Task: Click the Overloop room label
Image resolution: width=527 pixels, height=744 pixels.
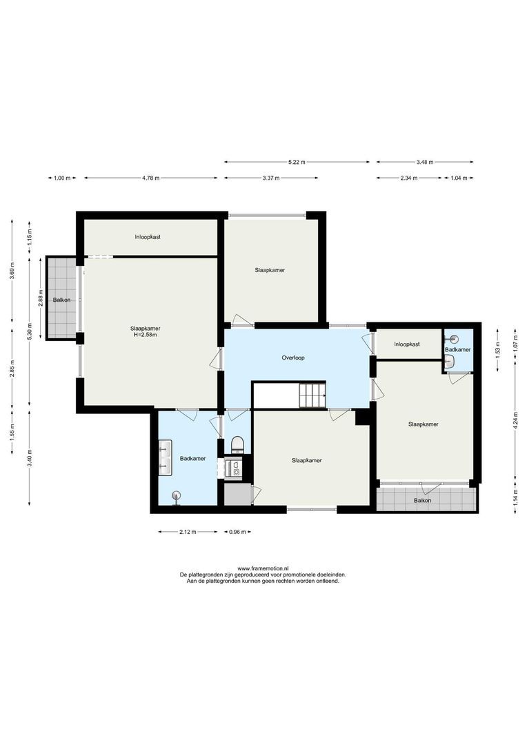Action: click(x=293, y=358)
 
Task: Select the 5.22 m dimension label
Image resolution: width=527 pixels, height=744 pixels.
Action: click(x=297, y=162)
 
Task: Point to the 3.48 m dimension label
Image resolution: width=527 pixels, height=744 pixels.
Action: click(x=425, y=162)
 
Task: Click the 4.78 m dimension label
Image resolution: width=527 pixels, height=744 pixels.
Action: click(x=150, y=178)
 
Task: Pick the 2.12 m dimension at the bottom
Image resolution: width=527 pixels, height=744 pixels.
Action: click(x=187, y=532)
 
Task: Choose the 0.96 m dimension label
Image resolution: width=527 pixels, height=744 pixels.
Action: click(x=237, y=532)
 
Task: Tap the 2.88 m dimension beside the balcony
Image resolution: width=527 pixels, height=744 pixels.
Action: click(x=41, y=300)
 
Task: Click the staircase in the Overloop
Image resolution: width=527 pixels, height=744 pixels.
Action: click(x=311, y=396)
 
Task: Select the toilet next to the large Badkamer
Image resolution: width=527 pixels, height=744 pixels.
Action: click(x=237, y=443)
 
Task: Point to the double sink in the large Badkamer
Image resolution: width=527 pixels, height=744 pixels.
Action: click(x=164, y=458)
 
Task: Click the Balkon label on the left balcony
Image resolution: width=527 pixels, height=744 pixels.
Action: click(x=63, y=300)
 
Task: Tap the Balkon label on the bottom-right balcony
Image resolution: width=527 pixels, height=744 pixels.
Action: click(x=423, y=501)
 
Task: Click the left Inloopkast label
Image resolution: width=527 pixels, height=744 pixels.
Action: click(x=148, y=237)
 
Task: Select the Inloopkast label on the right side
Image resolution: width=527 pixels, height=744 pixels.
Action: click(x=407, y=344)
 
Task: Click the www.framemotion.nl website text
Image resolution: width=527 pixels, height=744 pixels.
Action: click(x=263, y=568)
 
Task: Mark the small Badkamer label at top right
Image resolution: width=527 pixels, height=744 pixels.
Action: click(x=457, y=351)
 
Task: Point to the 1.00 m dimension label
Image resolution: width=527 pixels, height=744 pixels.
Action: click(x=62, y=178)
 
